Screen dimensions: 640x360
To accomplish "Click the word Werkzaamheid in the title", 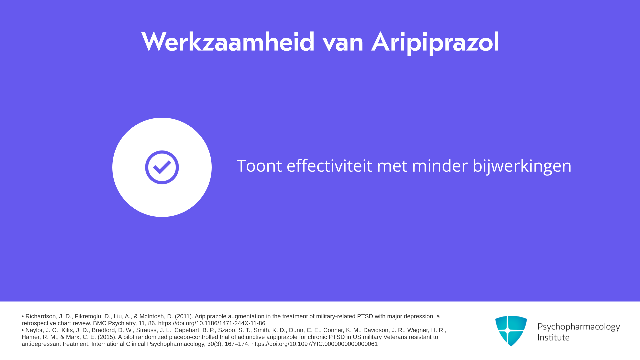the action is (228, 42).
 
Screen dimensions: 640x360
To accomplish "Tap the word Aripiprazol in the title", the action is (435, 43).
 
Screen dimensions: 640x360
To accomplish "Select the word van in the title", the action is (343, 45).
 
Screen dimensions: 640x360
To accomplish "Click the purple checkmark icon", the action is (162, 167).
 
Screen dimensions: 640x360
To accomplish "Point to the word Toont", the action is (259, 166).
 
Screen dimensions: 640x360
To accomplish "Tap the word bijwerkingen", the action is (522, 166).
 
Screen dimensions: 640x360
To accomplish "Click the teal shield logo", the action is (511, 331).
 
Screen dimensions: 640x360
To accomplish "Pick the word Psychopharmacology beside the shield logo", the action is (579, 327).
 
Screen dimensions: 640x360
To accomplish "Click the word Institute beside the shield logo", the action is (553, 338).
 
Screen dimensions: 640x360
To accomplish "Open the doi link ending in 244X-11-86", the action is (212, 323).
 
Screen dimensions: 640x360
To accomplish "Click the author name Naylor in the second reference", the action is (34, 330).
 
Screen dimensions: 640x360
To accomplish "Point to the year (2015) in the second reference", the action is (107, 337).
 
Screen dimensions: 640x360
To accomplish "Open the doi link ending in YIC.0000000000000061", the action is (314, 344).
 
